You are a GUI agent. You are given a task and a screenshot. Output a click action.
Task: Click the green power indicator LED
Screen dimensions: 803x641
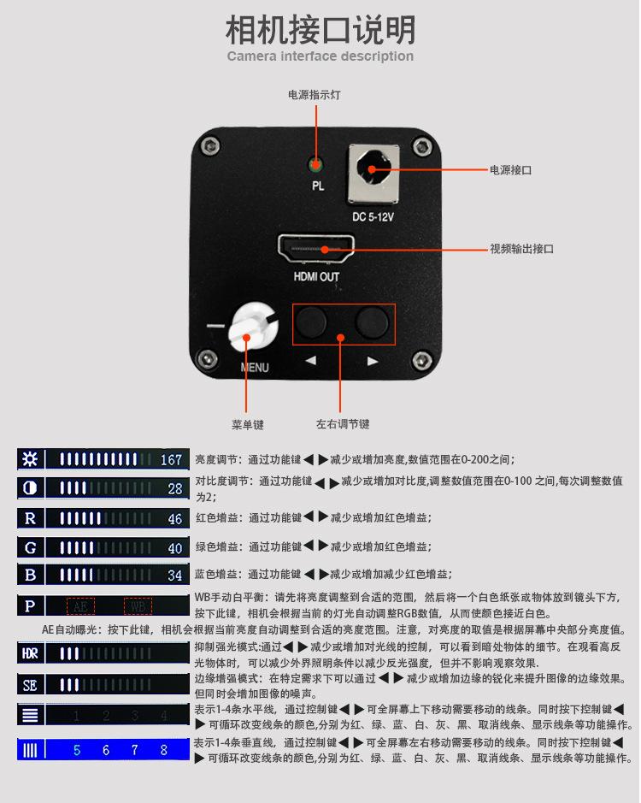tap(316, 164)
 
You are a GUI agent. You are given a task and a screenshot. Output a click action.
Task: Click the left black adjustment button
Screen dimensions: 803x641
tap(311, 322)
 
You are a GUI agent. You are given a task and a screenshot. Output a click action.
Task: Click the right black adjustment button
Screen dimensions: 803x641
tap(372, 322)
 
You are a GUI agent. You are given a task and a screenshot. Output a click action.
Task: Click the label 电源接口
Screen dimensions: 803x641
tap(510, 170)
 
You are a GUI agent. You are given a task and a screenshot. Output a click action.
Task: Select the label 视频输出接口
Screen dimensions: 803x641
tap(521, 249)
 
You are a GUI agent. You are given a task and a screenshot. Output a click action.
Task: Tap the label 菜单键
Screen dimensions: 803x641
tap(247, 424)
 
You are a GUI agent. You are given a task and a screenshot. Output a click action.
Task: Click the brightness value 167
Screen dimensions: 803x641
tap(172, 460)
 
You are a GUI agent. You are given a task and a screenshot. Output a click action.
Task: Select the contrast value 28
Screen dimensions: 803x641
tap(175, 489)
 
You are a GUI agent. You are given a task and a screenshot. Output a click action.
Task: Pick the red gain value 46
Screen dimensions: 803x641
tap(175, 519)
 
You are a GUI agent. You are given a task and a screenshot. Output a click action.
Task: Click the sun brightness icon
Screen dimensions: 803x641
tap(30, 459)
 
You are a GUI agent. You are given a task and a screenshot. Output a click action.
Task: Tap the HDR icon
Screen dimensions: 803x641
tap(30, 654)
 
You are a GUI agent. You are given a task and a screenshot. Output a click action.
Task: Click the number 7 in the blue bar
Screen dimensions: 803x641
tap(134, 750)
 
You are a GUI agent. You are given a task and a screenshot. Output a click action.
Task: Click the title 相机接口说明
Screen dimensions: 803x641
tap(320, 30)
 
